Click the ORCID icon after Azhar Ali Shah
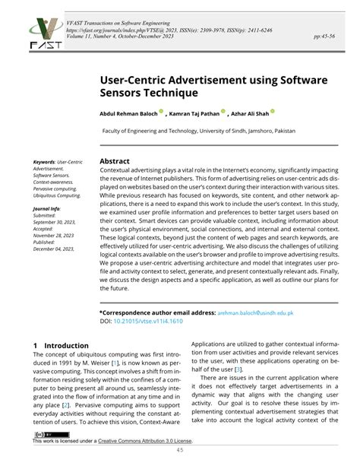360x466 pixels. point(273,111)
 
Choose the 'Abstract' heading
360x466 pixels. point(115,161)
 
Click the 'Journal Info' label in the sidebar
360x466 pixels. point(46,208)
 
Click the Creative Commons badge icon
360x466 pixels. point(45,433)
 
